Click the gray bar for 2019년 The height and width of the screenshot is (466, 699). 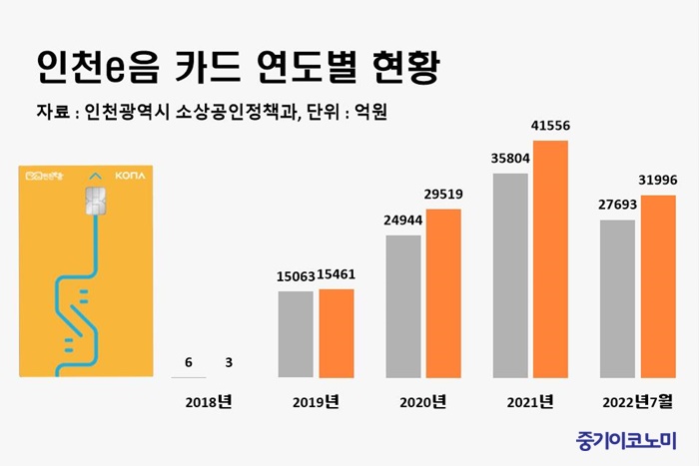pos(296,334)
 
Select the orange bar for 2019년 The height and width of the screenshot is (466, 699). pos(337,333)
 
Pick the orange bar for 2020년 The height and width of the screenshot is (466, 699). pos(444,293)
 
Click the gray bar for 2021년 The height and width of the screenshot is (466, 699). pos(510,275)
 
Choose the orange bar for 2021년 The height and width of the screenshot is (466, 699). pos(550,259)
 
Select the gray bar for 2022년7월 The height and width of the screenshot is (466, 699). pos(617,298)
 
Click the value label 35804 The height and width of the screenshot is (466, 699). pos(510,158)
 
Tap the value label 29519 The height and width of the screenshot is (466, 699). pos(444,195)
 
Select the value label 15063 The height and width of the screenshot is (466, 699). pos(296,275)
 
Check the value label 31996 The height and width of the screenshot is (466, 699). pos(658,180)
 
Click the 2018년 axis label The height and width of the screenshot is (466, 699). pos(210,404)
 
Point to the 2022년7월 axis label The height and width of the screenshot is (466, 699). pos(637,404)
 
